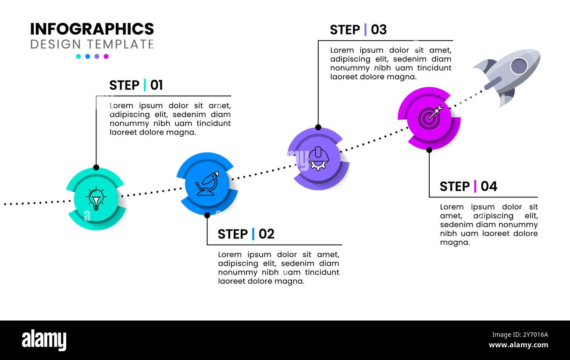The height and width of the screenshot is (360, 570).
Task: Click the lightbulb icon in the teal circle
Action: pyautogui.click(x=96, y=199)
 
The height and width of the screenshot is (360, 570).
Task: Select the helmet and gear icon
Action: pyautogui.click(x=317, y=158)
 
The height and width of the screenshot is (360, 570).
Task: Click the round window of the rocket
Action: pyautogui.click(x=519, y=66)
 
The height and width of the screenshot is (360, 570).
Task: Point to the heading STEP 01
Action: pyautogui.click(x=136, y=85)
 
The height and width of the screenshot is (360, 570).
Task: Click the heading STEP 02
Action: pyautogui.click(x=246, y=234)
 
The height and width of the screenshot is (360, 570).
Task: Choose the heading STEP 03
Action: pyautogui.click(x=358, y=30)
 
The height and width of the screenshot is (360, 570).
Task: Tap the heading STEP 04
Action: pyautogui.click(x=468, y=186)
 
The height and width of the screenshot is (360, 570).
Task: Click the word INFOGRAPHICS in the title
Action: pyautogui.click(x=92, y=29)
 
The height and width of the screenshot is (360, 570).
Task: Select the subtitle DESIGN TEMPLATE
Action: pyautogui.click(x=92, y=44)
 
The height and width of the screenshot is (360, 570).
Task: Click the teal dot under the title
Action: pyautogui.click(x=78, y=56)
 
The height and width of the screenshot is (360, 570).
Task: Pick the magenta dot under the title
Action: pyautogui.click(x=106, y=56)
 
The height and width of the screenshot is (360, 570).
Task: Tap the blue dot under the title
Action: pyautogui.click(x=88, y=56)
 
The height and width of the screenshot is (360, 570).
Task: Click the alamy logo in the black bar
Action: pyautogui.click(x=44, y=340)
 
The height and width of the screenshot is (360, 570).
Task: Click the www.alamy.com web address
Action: pyautogui.click(x=518, y=345)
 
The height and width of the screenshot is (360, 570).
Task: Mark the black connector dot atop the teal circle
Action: pyautogui.click(x=96, y=168)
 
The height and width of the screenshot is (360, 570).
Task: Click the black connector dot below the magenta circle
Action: pyautogui.click(x=429, y=150)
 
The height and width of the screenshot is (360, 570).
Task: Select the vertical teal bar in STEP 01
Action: pyautogui.click(x=145, y=85)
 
